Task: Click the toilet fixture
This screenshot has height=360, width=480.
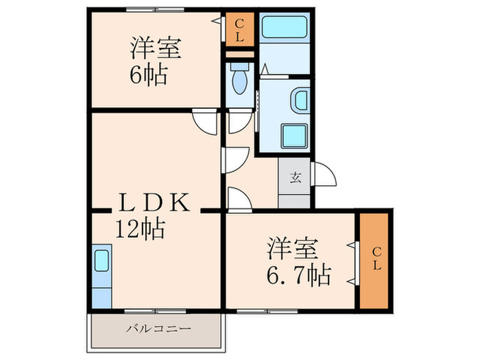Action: (x=239, y=81)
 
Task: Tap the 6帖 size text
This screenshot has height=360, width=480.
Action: (x=147, y=74)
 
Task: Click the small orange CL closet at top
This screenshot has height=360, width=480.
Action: (x=240, y=30)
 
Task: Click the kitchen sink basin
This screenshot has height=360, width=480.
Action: (x=100, y=261)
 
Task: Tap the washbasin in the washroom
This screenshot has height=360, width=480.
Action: (x=300, y=101)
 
